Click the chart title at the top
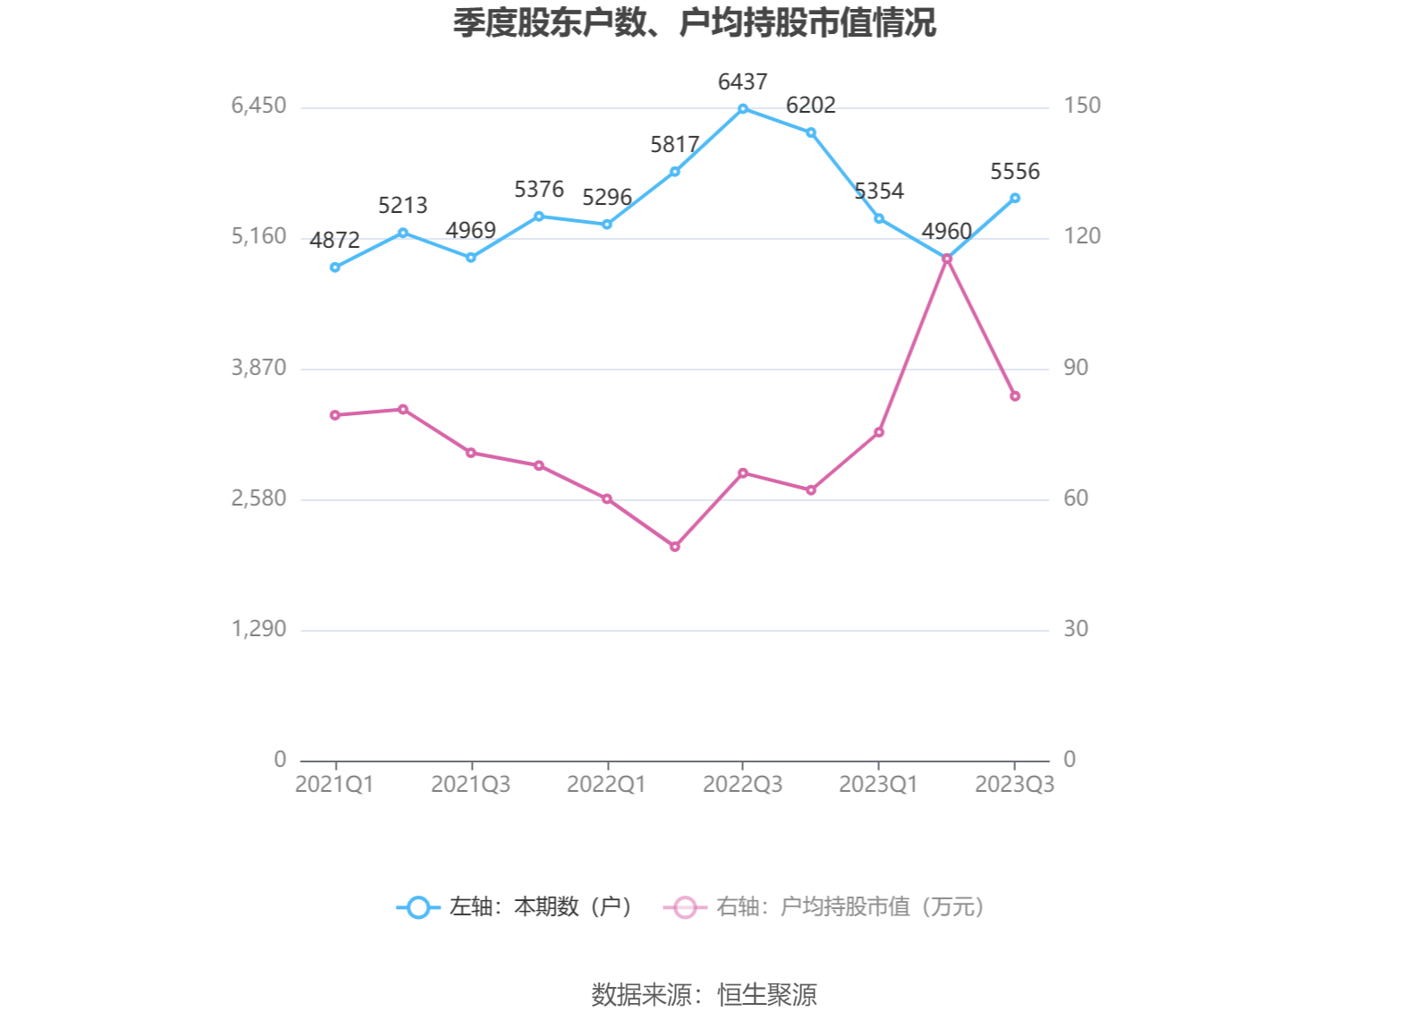pos(694,23)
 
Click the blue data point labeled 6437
pos(743,109)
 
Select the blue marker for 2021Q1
pos(335,268)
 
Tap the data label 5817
pos(674,145)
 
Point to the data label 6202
pos(810,106)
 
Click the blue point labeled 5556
pos(1014,198)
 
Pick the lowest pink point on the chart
pos(675,547)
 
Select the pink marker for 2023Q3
pos(1014,396)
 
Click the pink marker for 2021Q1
pos(335,415)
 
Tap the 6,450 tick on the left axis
pos(259,106)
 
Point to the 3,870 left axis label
pos(259,368)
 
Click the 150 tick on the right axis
pos(1081,106)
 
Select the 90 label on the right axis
pos(1075,368)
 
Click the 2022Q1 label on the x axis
pos(606,785)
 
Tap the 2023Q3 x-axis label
pos(1014,785)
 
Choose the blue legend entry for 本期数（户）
pos(516,907)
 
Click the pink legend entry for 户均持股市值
pos(824,907)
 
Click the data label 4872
pos(335,241)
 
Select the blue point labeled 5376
pos(539,217)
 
